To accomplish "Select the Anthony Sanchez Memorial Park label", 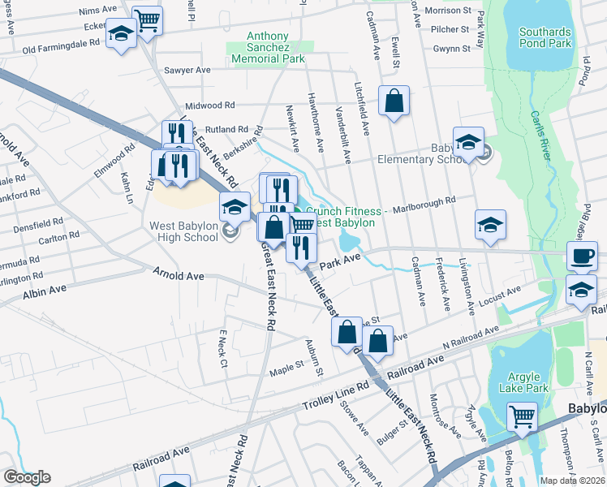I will coord(269,48).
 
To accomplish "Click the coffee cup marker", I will coord(582,256).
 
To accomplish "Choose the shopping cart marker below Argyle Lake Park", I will coord(522,417).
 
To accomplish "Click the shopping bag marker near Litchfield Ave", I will coord(394,102).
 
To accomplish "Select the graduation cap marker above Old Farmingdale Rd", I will coord(122,34).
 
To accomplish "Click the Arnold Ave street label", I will coord(179,276).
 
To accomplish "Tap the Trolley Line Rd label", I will coord(334,394).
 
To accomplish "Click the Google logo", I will coord(26,476).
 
